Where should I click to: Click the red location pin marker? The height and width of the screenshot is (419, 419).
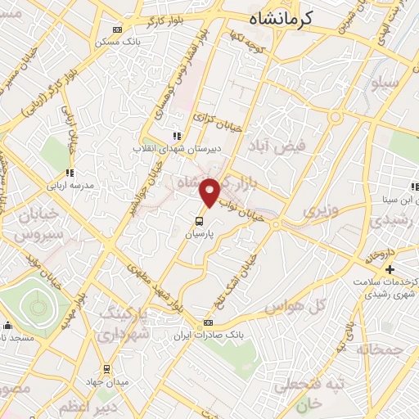tap(210, 191)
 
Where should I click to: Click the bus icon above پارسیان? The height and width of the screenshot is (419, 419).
tap(199, 220)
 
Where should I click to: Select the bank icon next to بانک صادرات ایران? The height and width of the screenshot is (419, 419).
tap(208, 322)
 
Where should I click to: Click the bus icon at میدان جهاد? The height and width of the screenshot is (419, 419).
tap(106, 368)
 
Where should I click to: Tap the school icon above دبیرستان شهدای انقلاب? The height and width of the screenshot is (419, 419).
tap(175, 136)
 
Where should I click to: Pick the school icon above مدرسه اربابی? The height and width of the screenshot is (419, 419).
tap(70, 173)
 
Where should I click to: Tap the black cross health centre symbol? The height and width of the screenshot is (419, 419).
tap(390, 269)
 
